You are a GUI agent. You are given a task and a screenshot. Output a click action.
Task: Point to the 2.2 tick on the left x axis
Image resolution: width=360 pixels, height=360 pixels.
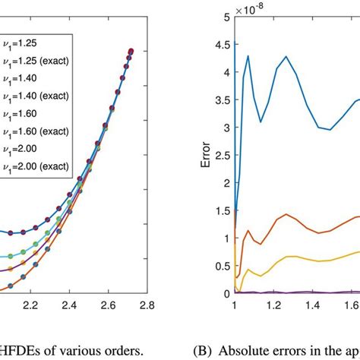pyautogui.click(x=31, y=305)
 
